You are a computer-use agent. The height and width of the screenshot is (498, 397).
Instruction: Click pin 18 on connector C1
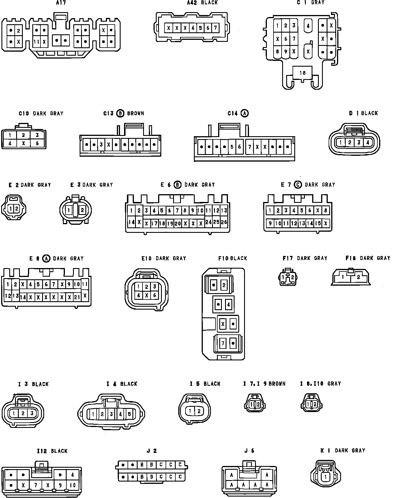point(302,73)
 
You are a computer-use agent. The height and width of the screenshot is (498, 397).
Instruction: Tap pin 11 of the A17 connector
point(36,42)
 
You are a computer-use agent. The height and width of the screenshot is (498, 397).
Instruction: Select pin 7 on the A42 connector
point(215,28)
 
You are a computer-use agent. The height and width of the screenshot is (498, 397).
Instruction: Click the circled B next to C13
point(120,113)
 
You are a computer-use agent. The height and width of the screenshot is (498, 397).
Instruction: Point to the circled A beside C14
point(245,113)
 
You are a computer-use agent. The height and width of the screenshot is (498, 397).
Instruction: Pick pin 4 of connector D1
point(368,142)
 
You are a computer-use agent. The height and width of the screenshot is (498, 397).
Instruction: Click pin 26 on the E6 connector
point(224,222)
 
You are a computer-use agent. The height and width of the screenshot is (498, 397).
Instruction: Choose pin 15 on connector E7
point(318,223)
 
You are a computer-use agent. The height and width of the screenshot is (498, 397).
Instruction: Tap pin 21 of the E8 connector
point(77,297)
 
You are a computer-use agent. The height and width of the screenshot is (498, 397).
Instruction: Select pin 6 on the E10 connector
point(155,295)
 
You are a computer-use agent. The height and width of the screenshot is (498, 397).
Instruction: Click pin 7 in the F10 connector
point(223,343)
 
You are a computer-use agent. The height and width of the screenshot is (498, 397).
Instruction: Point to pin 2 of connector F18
point(358,277)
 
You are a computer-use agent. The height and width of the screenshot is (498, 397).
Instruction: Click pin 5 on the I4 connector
point(129,414)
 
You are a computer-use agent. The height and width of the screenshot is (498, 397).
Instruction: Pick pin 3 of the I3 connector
point(32,413)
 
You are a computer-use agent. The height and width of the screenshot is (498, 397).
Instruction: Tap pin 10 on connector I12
point(72,485)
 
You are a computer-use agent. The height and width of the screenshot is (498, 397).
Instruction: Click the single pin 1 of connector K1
point(325,477)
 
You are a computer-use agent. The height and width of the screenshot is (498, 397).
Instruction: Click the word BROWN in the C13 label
point(135,113)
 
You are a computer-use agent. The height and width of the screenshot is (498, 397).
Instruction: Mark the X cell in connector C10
point(24,143)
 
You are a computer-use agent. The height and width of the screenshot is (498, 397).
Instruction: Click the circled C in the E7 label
point(298,185)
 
